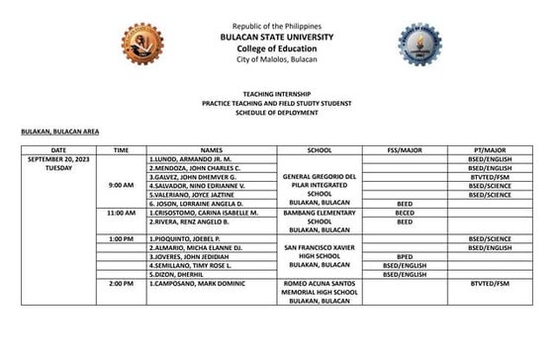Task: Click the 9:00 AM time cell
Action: (x=121, y=185)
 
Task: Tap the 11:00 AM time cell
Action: (x=121, y=213)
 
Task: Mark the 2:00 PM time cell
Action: (x=121, y=285)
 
